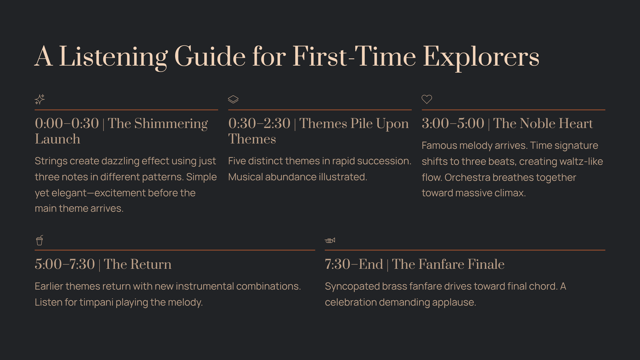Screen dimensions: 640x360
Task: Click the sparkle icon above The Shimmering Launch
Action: point(40,99)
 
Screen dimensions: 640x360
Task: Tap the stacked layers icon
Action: point(233,99)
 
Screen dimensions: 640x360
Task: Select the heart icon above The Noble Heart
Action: point(427,99)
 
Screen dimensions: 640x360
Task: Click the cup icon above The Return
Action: point(40,240)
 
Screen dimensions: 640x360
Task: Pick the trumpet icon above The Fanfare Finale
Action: point(330,240)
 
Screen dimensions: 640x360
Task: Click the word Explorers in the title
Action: point(481,57)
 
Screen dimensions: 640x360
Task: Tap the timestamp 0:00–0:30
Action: point(67,124)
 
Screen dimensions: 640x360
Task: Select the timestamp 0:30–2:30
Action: point(259,124)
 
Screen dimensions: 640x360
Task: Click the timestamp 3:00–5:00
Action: point(453,124)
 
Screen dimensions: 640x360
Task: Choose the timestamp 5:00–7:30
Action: point(65,264)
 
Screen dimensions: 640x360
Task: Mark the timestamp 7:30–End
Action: point(354,264)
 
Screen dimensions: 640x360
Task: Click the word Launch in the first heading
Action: point(58,139)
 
